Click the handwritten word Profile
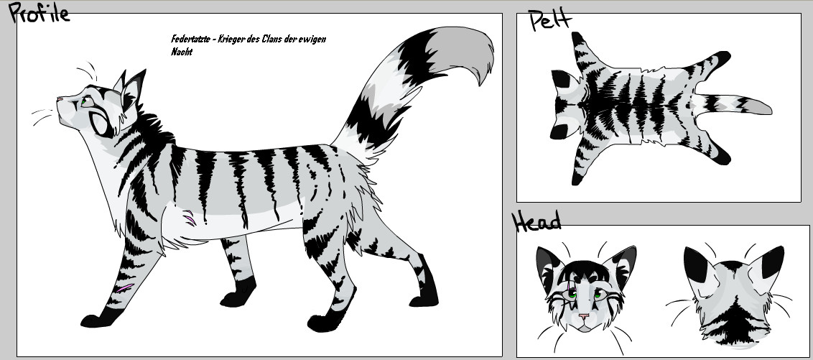click(x=39, y=13)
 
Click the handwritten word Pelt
click(x=550, y=20)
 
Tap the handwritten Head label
click(x=536, y=221)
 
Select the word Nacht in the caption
click(x=182, y=52)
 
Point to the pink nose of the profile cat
click(x=60, y=98)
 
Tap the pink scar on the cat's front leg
click(x=124, y=287)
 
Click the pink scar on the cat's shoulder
click(x=190, y=218)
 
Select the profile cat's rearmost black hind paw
click(x=425, y=290)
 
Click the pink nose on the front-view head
click(x=584, y=316)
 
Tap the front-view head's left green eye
click(x=572, y=294)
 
